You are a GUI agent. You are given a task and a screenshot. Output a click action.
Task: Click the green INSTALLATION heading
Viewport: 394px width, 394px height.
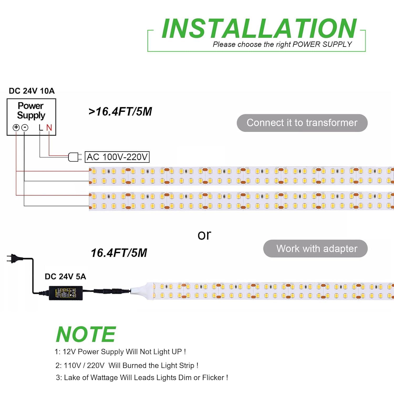click(259, 29)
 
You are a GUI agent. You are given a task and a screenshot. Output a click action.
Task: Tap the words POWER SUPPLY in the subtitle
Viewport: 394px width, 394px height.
click(322, 44)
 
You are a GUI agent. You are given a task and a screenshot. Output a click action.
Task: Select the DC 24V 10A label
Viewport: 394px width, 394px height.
click(32, 91)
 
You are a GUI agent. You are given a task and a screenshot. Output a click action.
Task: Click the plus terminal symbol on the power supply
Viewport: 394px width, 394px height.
click(16, 127)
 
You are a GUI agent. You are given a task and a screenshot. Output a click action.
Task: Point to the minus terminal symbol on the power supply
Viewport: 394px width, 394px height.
click(25, 128)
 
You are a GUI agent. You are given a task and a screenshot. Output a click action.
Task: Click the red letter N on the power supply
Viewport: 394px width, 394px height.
click(49, 128)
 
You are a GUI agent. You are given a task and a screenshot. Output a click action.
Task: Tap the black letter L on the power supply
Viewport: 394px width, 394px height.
click(41, 128)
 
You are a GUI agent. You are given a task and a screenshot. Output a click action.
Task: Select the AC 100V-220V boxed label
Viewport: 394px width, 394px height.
click(117, 157)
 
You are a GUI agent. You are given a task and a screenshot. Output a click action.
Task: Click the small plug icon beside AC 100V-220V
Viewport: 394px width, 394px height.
click(75, 157)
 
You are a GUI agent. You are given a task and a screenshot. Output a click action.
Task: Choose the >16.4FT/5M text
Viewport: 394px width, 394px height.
click(120, 112)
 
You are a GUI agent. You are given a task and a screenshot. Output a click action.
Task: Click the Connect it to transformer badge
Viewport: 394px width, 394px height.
click(302, 123)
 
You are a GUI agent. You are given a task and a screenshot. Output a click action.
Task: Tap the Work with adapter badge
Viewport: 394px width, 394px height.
click(315, 248)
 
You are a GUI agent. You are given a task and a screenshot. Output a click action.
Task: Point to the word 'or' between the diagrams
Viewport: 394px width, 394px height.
click(204, 235)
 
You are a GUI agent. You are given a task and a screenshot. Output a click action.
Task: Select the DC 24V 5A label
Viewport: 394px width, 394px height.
click(65, 276)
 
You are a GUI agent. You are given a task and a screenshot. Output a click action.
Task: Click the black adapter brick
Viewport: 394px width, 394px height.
click(66, 293)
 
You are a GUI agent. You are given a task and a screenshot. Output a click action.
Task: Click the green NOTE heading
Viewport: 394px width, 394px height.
click(86, 334)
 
